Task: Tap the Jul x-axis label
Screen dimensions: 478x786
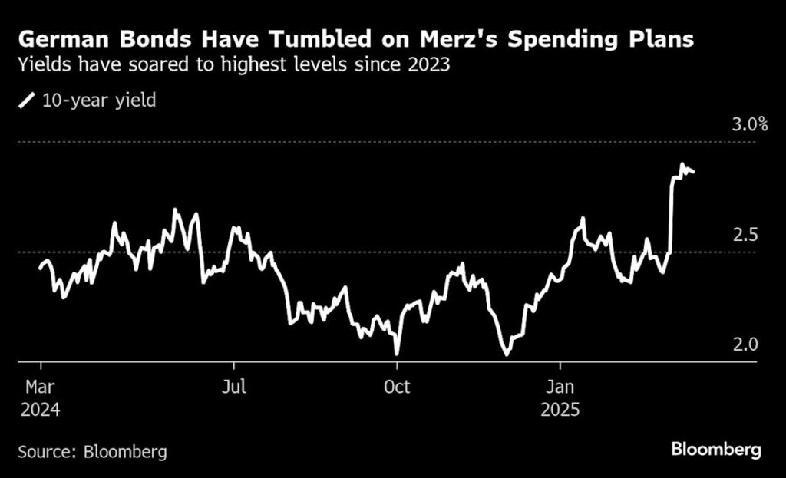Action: pos(233,385)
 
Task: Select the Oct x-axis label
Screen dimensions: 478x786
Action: pos(396,385)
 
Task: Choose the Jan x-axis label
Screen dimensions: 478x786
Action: pos(560,385)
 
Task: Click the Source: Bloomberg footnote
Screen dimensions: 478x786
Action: pos(92,451)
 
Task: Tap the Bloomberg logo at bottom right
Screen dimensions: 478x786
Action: pos(716,450)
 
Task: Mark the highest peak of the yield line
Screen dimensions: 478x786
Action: pos(681,164)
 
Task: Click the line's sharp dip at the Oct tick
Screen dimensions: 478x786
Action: pos(397,354)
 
